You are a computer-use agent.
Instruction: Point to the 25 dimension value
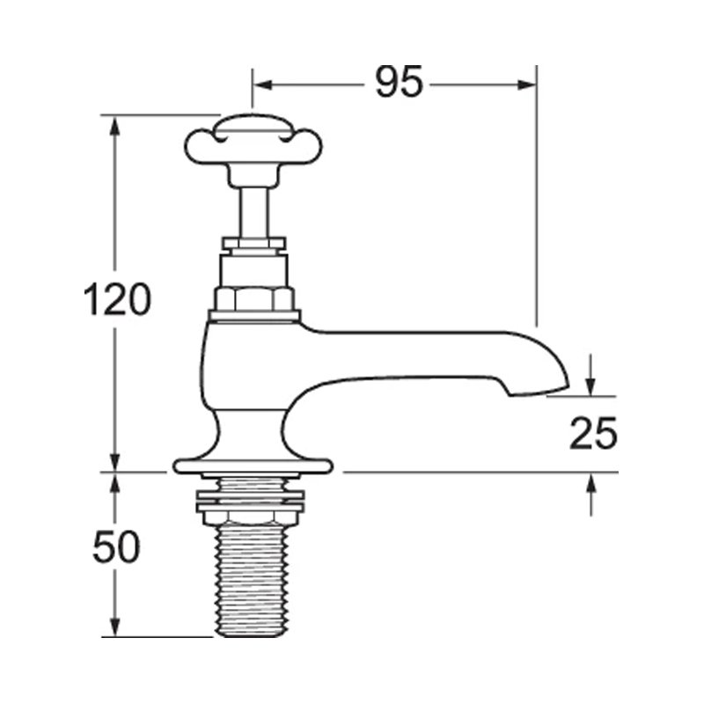[x=591, y=434]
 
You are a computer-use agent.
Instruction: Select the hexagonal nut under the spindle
[x=254, y=298]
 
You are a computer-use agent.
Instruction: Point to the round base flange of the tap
[x=253, y=463]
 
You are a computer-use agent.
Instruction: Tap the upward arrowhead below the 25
[x=590, y=483]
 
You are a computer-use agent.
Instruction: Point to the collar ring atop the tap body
[x=254, y=314]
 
